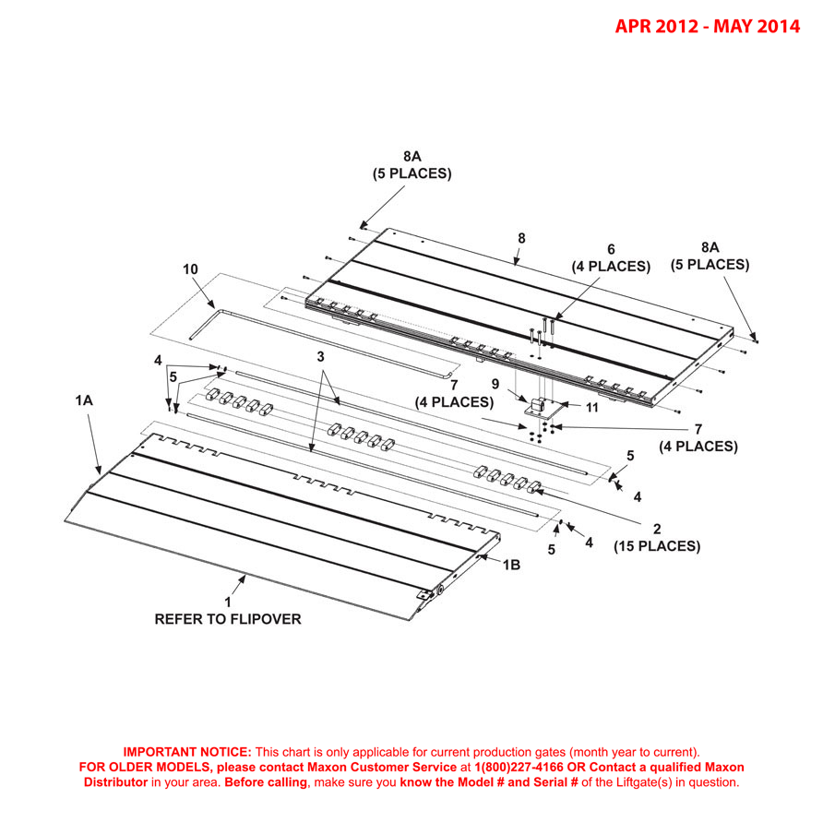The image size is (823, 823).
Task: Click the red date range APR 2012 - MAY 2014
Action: point(708,27)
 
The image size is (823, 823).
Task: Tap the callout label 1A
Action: point(84,401)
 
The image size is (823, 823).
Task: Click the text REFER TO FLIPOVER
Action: point(227,619)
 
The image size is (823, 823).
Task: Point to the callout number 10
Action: point(190,268)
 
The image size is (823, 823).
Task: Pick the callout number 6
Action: point(610,249)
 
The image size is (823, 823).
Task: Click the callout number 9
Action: point(495,383)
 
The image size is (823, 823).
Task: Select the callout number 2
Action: point(656,529)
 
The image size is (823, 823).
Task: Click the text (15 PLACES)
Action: point(657,546)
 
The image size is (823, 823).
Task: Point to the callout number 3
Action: point(320,355)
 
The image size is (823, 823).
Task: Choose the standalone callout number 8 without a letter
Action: point(521,238)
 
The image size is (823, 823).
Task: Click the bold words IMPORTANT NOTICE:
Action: point(187,752)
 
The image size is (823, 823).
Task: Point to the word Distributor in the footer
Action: point(115,781)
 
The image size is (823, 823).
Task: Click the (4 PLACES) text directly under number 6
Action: point(610,267)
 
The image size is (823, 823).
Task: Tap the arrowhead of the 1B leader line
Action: point(483,556)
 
